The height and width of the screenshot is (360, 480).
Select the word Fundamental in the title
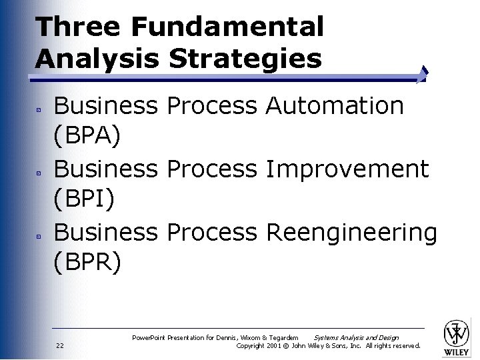pos(227,27)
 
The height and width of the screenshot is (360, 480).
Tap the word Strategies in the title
pos(245,59)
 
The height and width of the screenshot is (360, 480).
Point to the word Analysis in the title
pos(97,59)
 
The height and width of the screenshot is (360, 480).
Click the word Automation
pos(335,105)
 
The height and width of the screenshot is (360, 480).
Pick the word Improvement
pos(347,169)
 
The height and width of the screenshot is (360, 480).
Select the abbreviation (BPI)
pos(85,199)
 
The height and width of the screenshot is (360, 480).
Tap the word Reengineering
pos(351,233)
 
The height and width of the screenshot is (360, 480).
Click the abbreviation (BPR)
pos(87,263)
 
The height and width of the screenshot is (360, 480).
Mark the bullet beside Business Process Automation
pos(39,107)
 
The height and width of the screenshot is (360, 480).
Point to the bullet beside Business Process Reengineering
pos(39,235)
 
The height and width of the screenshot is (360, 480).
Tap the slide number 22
pos(60,345)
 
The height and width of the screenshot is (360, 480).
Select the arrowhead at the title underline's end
pos(424,75)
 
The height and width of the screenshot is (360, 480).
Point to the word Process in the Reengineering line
pos(211,233)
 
